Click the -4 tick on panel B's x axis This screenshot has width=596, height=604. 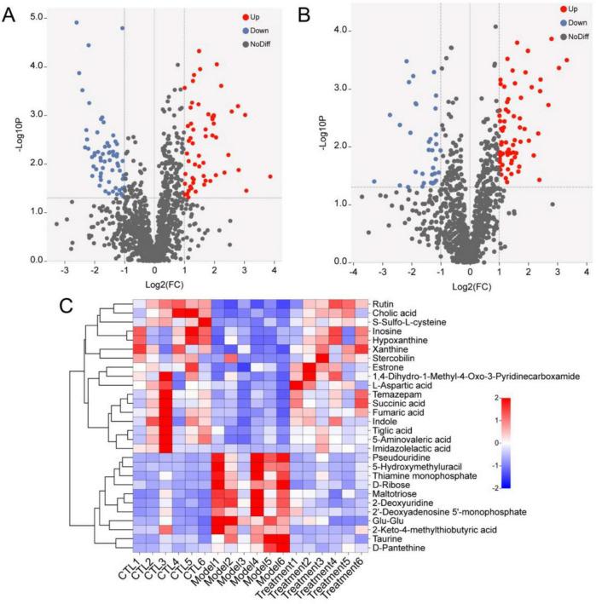[352, 272]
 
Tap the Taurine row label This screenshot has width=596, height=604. [386, 538]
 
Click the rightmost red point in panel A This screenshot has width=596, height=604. [270, 176]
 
